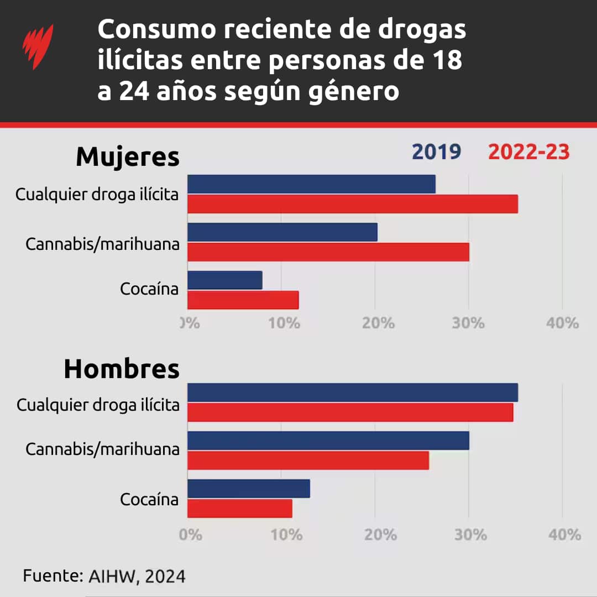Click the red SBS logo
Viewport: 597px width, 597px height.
pos(38,47)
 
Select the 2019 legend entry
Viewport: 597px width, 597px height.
pos(436,151)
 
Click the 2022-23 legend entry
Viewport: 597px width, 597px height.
pos(528,151)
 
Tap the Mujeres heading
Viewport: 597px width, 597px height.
pos(127,156)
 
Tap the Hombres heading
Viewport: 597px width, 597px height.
pos(122,369)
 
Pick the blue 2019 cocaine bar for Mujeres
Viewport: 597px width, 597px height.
pos(225,280)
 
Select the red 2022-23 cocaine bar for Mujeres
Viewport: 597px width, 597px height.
pos(243,300)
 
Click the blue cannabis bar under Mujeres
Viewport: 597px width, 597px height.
pos(282,232)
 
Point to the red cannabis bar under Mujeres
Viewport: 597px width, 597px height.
pos(328,252)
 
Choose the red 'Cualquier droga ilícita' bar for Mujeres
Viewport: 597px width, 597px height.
pos(353,204)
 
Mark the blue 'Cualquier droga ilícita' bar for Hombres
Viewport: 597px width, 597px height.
pos(353,392)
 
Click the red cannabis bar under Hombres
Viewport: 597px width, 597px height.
pos(308,460)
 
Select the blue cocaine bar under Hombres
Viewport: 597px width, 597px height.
pos(249,489)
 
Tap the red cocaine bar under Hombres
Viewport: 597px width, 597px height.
pos(240,509)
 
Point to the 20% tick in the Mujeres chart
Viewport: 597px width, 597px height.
pos(378,323)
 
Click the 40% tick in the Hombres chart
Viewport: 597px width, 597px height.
pos(563,535)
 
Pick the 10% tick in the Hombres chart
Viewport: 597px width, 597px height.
pos(285,535)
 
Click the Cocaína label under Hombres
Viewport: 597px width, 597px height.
pos(149,500)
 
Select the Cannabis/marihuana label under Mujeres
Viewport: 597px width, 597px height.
pos(102,244)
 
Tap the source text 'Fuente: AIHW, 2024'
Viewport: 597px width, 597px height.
pos(104,576)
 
